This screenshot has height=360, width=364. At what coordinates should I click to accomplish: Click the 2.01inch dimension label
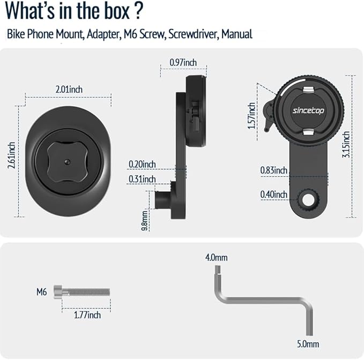coord(69,89)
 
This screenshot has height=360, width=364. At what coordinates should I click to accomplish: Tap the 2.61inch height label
coord(11,155)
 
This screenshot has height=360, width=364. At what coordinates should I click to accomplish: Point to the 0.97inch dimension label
coord(183,62)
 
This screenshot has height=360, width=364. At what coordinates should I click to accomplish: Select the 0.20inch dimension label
coord(142,164)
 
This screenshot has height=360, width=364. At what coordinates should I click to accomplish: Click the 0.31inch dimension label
coord(142,179)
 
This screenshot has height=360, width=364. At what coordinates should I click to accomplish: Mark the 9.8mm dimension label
coord(144,221)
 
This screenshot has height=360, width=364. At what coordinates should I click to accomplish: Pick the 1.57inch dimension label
coord(251,116)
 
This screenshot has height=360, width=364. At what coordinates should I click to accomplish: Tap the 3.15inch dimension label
coord(346,144)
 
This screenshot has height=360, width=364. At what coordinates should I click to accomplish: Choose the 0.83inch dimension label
coord(274,170)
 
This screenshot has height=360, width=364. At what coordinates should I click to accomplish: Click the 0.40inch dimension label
coord(274,194)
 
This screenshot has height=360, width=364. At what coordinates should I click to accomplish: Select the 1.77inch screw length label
coord(87,315)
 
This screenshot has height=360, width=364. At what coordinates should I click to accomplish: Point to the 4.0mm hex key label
coord(217,258)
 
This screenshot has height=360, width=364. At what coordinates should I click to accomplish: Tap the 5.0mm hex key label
coord(308,344)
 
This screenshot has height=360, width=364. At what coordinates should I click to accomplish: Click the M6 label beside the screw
coord(42,292)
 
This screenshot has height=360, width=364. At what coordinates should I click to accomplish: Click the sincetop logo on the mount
coord(308,111)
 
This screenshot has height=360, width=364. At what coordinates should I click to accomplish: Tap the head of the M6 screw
coord(58,292)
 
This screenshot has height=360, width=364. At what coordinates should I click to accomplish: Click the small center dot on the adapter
coord(68,162)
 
